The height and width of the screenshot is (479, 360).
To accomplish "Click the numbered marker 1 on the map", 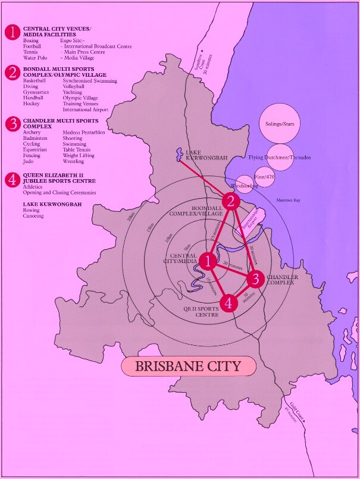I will pos(208,261).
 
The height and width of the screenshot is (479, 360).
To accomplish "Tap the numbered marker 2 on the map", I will pos(231,201).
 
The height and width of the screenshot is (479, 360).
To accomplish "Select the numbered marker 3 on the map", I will pos(255,278).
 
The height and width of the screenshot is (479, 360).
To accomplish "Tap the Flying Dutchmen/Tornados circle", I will pos(281,158).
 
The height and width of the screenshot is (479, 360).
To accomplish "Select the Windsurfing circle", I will pos(245,185).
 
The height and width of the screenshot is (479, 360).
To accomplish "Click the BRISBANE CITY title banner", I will pos(188,366).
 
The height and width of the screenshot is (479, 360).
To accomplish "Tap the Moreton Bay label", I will pos(289,201).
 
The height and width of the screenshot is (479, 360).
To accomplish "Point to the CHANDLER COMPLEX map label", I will pos(282,280).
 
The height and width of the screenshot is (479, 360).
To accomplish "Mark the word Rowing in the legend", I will pos(32,210).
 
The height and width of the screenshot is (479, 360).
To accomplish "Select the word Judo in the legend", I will pos(29,161).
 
